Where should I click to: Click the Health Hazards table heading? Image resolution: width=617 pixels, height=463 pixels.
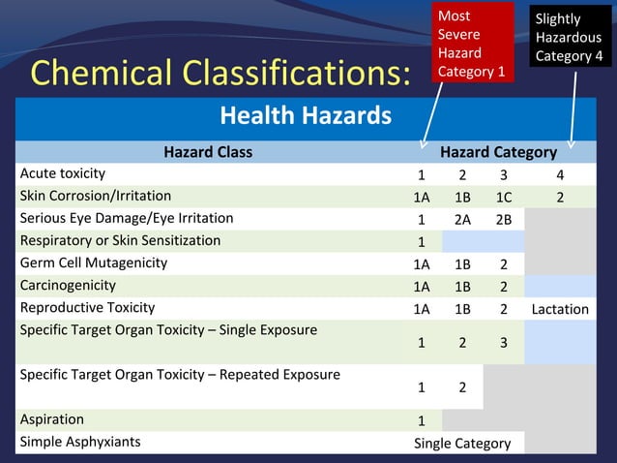(x=306, y=117)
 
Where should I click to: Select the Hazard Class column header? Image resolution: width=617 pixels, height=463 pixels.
(x=207, y=152)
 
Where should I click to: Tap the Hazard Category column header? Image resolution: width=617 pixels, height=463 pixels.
(x=498, y=152)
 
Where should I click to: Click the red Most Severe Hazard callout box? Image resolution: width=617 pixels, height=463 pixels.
(x=473, y=44)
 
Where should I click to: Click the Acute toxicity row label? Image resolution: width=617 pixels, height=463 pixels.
(x=63, y=173)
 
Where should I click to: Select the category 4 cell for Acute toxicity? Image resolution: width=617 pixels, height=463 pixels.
(x=560, y=175)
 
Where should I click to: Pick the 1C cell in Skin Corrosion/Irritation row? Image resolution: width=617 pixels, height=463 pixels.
(x=503, y=197)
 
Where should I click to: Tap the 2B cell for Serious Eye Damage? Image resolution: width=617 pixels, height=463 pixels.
(x=503, y=219)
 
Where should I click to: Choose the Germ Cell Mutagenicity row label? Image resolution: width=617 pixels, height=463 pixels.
(x=94, y=262)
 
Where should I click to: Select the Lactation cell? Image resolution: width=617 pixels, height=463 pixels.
(x=560, y=309)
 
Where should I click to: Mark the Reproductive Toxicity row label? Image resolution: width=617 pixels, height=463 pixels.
(x=88, y=307)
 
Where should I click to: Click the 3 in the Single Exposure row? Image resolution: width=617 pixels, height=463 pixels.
(x=503, y=343)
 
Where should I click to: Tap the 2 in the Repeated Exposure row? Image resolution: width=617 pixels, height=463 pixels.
(x=462, y=387)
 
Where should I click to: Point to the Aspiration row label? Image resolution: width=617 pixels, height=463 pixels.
(x=52, y=419)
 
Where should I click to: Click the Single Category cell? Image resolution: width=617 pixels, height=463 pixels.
(x=462, y=443)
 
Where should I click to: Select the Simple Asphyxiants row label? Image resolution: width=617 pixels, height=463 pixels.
(x=80, y=442)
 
